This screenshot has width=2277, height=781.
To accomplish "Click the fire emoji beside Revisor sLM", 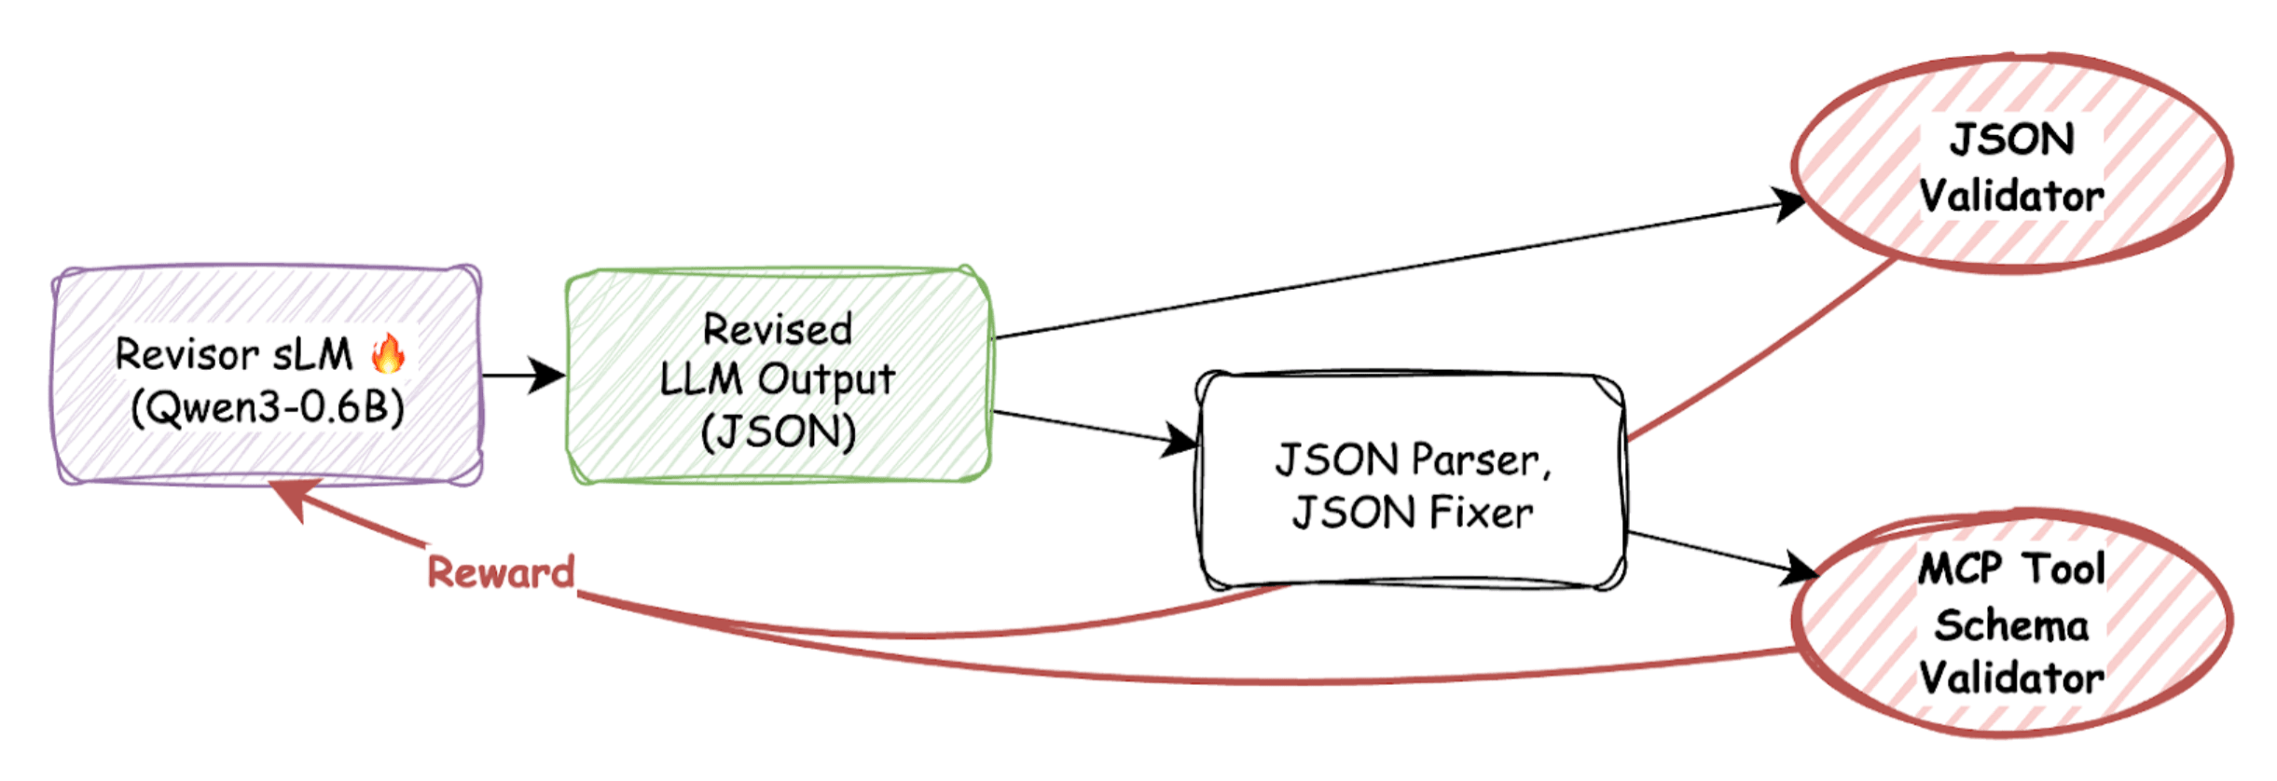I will coord(388,354).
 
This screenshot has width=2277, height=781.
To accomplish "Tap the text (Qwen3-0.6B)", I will coord(268,407).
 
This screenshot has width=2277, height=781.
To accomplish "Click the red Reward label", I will coord(501,572).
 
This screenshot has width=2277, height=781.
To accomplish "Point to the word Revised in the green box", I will coord(777,329).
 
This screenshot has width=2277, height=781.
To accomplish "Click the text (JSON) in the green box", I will coord(778,432).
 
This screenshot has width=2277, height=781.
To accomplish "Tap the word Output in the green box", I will coord(825,379).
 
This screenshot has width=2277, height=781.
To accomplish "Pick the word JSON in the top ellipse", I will coord(2011,141).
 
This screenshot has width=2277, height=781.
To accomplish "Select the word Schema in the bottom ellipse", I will coord(2011,625).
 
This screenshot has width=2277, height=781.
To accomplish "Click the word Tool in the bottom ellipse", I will coord(2063,569).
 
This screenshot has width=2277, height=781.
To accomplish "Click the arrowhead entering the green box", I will coord(548,376).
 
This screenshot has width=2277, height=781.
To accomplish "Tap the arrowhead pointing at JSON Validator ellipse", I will coord(1787,203).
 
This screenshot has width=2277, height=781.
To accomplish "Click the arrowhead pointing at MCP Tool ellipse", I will coord(1800,568).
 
